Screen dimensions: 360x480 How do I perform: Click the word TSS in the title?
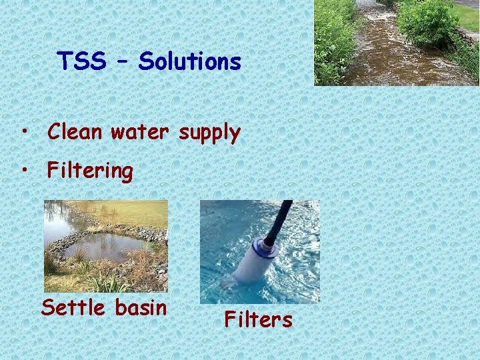pyautogui.click(x=82, y=61)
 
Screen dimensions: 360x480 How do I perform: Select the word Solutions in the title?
pyautogui.click(x=190, y=61)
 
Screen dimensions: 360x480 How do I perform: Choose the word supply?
pyautogui.click(x=209, y=133)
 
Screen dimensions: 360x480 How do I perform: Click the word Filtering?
pyautogui.click(x=90, y=171)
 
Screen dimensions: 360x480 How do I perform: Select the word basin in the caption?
pyautogui.click(x=141, y=307)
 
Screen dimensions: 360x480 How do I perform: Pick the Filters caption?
pyautogui.click(x=258, y=319)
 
